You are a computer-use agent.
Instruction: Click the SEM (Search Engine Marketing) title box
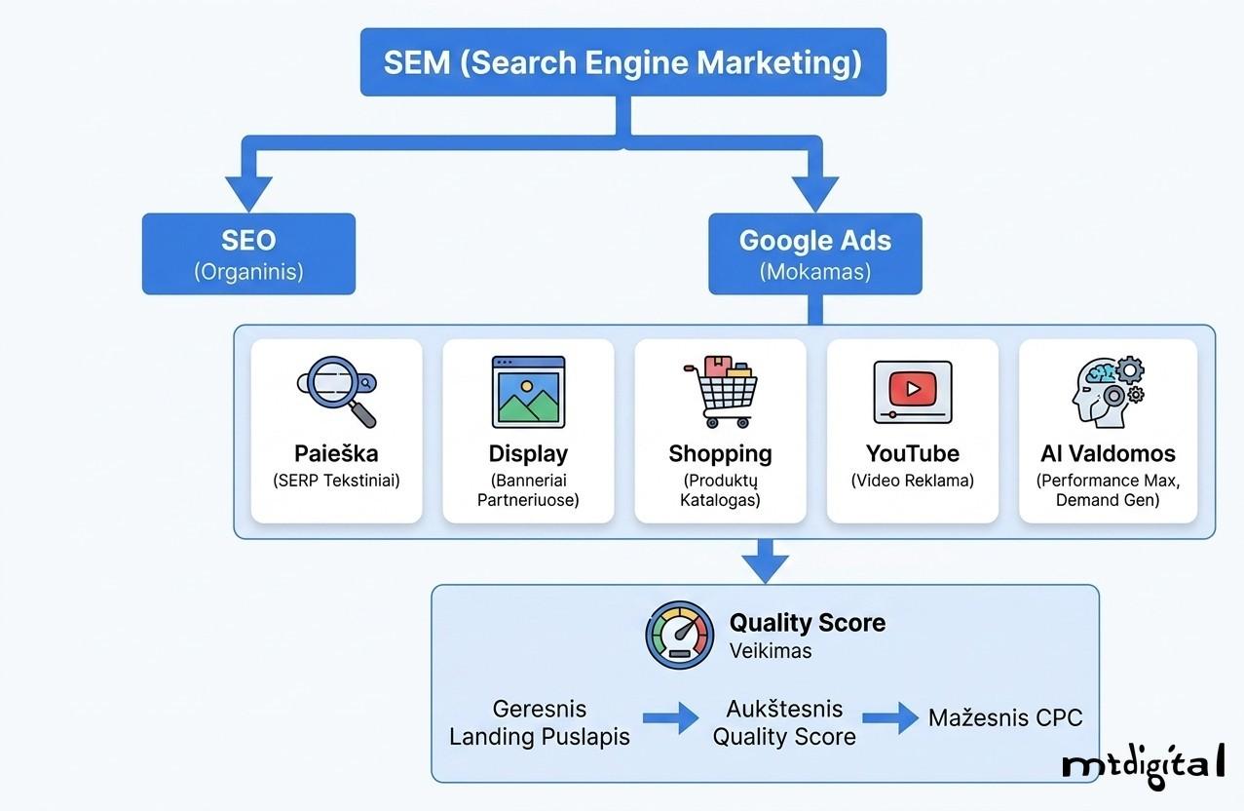tap(622, 62)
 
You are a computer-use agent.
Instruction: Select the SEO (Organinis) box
tap(248, 253)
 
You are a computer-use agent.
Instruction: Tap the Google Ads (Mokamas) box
tap(814, 253)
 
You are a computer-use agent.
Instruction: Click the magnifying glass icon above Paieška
tap(337, 392)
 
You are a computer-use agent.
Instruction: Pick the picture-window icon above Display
tap(528, 392)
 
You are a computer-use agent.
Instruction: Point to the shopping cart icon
tap(720, 392)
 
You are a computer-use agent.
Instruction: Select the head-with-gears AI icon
tap(1107, 392)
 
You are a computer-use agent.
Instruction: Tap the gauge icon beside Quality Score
tap(679, 635)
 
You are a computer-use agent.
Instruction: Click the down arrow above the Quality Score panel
tap(766, 562)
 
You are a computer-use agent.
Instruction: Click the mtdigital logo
tap(1143, 763)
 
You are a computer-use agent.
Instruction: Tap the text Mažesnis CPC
tap(1004, 718)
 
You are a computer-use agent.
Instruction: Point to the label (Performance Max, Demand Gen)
tap(1107, 490)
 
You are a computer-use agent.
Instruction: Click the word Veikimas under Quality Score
tap(771, 651)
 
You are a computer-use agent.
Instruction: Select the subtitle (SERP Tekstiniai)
tap(337, 481)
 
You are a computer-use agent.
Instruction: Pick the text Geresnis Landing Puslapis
tap(539, 722)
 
